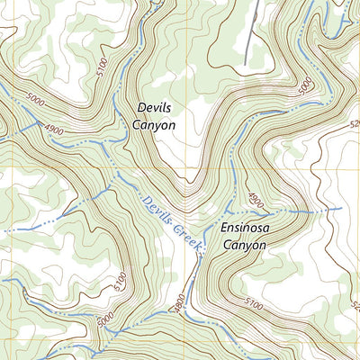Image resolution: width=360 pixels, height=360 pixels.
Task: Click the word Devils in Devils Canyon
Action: (x=153, y=107)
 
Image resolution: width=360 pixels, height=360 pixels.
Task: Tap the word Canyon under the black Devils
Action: (x=156, y=126)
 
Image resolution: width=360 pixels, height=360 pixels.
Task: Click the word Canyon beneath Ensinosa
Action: (x=245, y=244)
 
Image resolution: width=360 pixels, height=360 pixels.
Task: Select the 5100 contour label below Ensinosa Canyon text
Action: (x=255, y=308)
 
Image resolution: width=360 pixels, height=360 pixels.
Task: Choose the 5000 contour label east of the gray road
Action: (x=304, y=85)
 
